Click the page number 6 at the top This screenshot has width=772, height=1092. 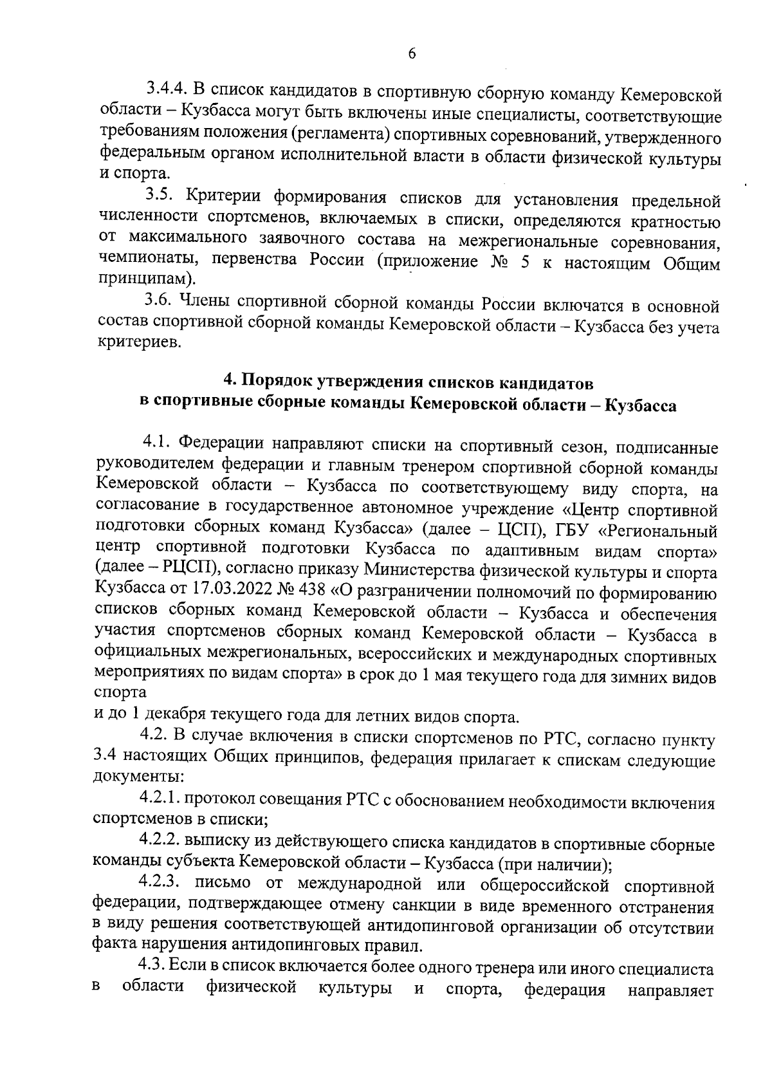coord(412,54)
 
